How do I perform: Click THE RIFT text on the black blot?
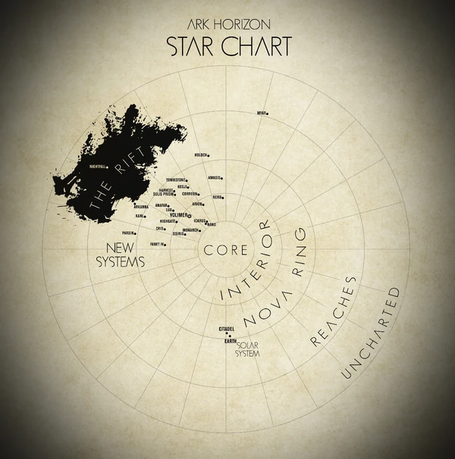point(116,182)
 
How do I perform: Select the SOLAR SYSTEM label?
point(247,349)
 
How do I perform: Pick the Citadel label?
point(226,329)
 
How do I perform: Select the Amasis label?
point(214,178)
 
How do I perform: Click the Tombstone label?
point(176,180)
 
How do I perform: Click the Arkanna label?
point(141,206)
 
